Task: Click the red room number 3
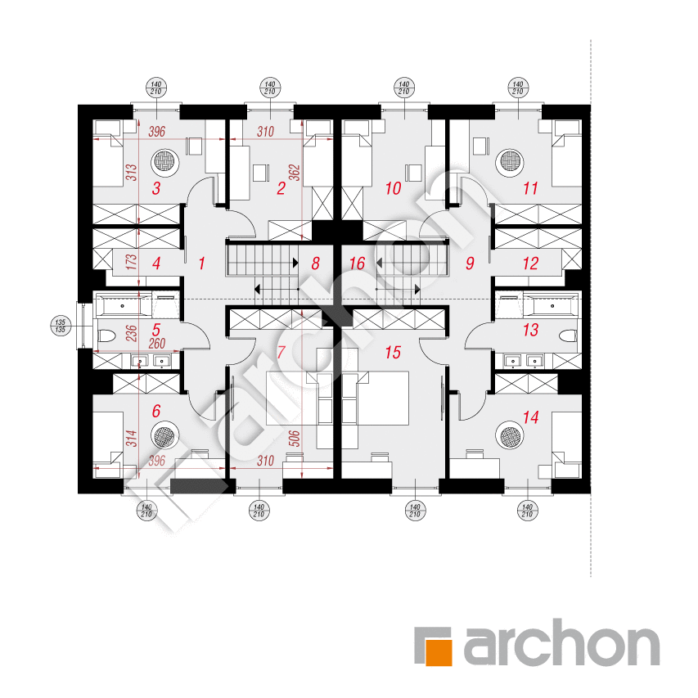click(x=155, y=188)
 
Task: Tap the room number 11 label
click(x=530, y=188)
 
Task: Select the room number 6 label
click(x=155, y=411)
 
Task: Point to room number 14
click(x=530, y=417)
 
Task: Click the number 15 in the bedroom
click(x=393, y=353)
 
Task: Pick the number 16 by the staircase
click(x=357, y=263)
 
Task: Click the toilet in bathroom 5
click(x=106, y=335)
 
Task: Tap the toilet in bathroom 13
click(x=568, y=335)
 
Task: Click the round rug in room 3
click(x=165, y=161)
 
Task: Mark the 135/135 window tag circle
click(x=60, y=326)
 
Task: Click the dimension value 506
click(x=295, y=439)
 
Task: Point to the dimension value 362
click(x=295, y=173)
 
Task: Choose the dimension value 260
click(x=156, y=344)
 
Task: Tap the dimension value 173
click(x=131, y=262)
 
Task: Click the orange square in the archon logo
click(x=439, y=653)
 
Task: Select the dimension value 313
click(x=131, y=173)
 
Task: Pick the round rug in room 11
click(x=510, y=161)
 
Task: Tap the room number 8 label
click(x=316, y=263)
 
